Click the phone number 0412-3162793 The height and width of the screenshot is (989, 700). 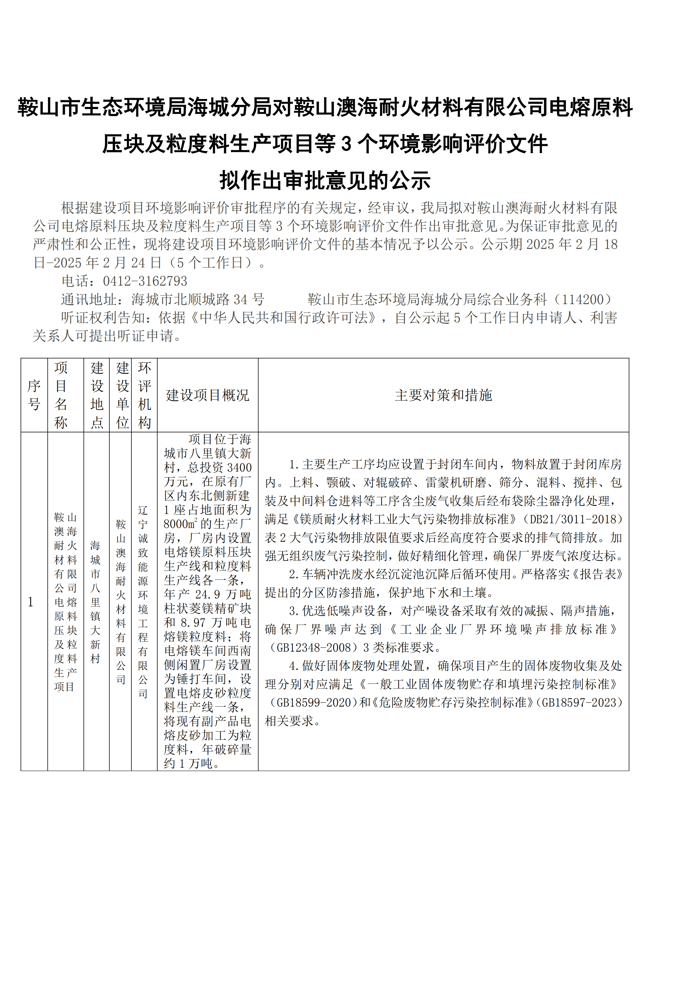pos(145,281)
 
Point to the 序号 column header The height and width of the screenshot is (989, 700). pos(34,395)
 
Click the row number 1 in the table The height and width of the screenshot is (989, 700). pos(31,602)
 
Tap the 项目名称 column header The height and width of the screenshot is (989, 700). pos(61,395)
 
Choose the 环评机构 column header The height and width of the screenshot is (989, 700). pos(144,395)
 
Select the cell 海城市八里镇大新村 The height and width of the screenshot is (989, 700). pos(96,602)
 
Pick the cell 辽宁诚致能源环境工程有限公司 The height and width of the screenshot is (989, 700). pos(143,602)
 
